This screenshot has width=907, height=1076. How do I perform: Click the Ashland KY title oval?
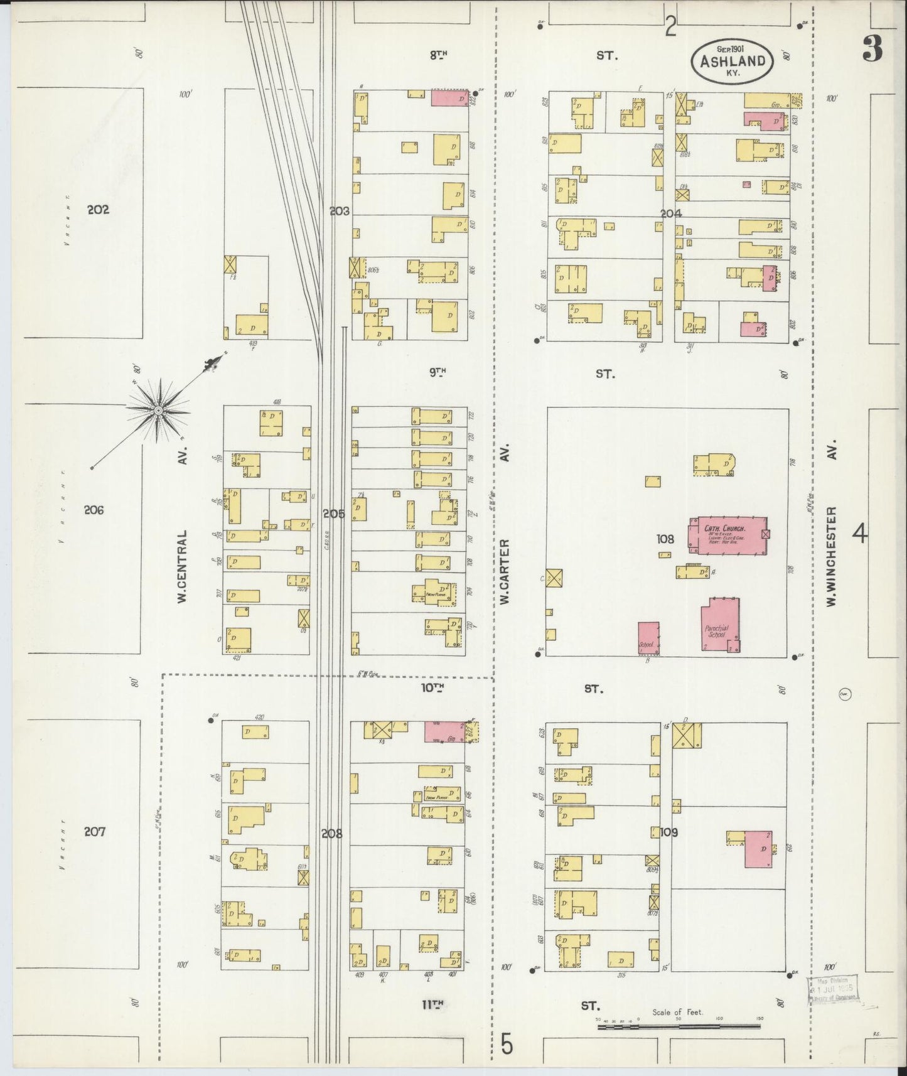731,61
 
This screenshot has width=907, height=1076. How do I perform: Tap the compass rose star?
158,410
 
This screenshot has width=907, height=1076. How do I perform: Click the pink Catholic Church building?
728,535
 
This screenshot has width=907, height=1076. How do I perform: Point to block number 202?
98,210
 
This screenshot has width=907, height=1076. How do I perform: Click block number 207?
94,832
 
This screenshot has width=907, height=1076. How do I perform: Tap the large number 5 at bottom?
507,1045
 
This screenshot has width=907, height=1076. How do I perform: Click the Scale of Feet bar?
678,1027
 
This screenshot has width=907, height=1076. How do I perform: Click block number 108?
665,539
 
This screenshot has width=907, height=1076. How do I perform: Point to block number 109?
669,832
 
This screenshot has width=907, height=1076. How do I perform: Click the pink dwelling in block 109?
758,849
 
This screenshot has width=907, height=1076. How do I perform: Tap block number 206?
94,510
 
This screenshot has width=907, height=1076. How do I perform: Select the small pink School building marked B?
648,638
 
